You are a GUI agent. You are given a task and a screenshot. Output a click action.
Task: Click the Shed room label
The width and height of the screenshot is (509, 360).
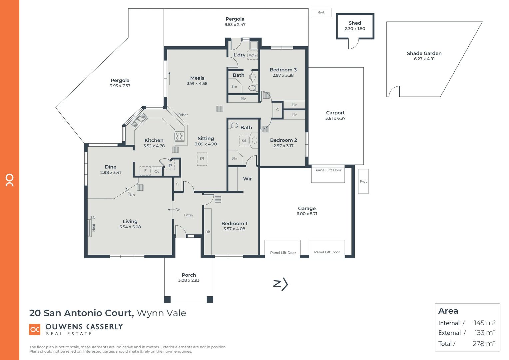click(x=355, y=23)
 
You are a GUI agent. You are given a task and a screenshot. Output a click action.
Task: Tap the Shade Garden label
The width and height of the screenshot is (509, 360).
click(x=424, y=53)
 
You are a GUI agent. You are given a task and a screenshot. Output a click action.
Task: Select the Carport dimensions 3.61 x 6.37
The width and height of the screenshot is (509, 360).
click(x=335, y=118)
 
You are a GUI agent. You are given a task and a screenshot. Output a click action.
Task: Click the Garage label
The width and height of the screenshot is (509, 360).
click(x=307, y=208)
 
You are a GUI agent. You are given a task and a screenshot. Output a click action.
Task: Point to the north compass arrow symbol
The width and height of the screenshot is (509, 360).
click(x=280, y=284)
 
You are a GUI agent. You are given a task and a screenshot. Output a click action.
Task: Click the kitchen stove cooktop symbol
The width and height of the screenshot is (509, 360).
click(x=180, y=136)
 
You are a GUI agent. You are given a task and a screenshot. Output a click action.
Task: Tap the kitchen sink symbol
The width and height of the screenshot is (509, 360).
click(x=139, y=121)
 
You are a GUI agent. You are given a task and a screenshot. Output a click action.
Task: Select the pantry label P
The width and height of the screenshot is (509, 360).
click(x=170, y=165)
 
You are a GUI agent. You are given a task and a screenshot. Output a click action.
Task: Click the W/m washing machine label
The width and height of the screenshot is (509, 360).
click(x=253, y=55)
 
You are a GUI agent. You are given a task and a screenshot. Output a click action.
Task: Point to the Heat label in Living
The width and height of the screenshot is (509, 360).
click(x=94, y=227)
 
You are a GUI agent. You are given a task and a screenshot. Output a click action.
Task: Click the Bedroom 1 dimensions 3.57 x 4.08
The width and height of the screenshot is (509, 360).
click(x=234, y=229)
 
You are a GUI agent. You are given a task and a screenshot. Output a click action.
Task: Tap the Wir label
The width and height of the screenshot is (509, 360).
click(x=248, y=179)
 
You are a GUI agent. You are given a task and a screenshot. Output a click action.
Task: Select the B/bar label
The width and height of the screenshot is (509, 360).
click(x=183, y=115)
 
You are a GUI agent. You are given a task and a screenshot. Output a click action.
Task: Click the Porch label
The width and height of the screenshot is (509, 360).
click(x=189, y=275)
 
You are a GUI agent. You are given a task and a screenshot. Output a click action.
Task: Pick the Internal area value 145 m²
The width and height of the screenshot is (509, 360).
click(x=484, y=323)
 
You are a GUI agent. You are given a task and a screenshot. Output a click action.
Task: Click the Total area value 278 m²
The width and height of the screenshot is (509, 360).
click(x=484, y=344)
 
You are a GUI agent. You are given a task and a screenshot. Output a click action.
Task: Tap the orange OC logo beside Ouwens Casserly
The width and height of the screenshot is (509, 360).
click(x=35, y=329)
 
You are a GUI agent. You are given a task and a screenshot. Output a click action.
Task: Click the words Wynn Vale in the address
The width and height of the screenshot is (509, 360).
click(x=162, y=313)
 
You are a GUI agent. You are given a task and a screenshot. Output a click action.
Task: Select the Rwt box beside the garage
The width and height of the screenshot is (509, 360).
click(x=363, y=181)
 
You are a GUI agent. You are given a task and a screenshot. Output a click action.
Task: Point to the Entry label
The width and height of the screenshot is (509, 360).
click(x=188, y=215)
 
